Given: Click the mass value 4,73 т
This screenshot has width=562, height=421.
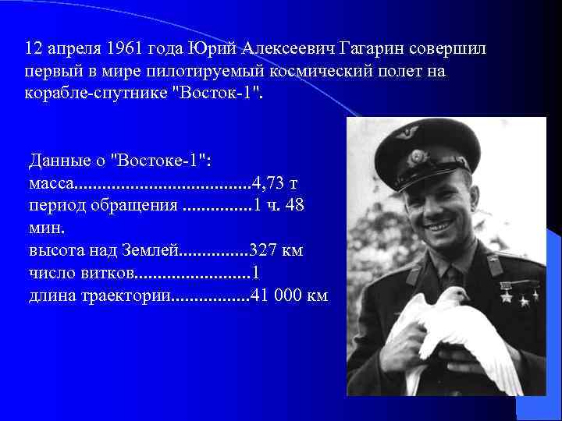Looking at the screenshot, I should coord(273,183).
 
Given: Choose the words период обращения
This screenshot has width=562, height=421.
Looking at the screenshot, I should coord(103,206).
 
